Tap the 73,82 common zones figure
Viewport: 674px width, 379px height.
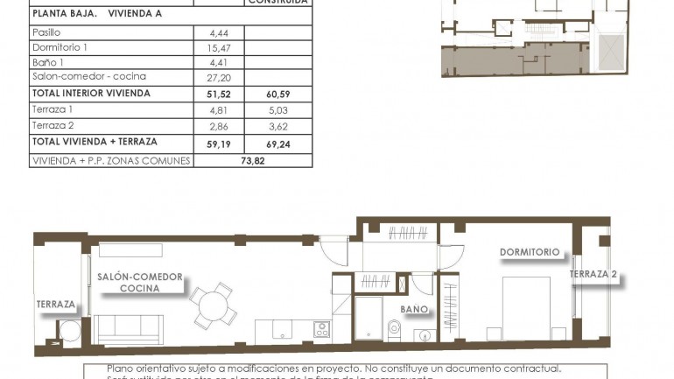click(253, 161)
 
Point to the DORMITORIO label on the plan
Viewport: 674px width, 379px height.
click(530, 252)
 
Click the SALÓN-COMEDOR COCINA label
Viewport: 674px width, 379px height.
click(140, 282)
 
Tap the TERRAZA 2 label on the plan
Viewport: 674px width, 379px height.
click(593, 274)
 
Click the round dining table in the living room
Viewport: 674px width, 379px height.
click(213, 305)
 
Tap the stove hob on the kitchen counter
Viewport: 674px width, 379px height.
click(321, 330)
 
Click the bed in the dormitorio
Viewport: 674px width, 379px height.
click(526, 308)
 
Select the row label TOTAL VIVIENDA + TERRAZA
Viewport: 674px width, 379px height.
click(94, 142)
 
